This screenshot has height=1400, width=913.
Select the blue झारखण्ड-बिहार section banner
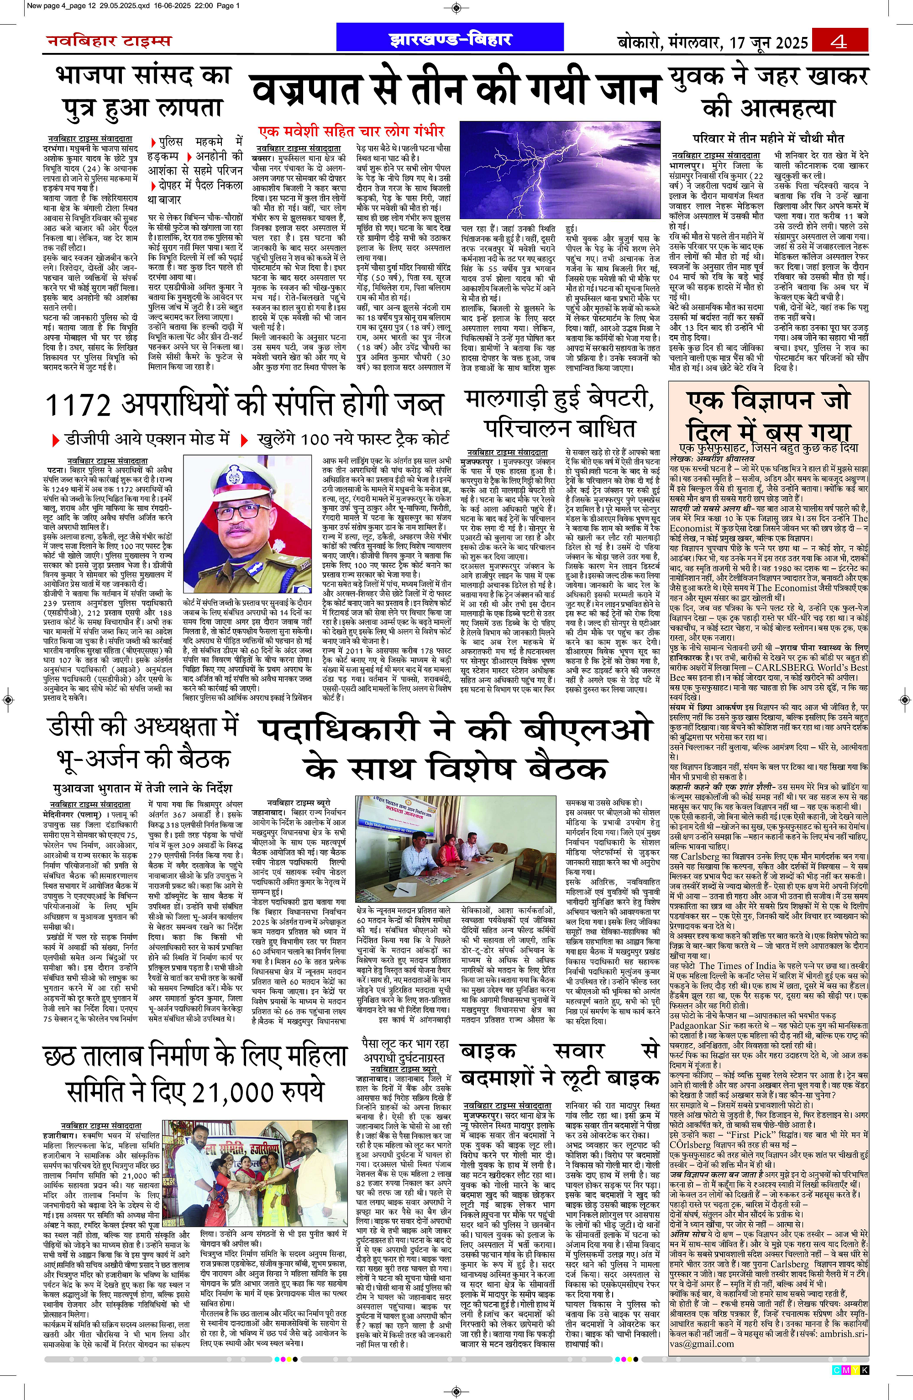tap(451, 39)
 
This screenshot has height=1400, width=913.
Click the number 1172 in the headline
tap(78, 405)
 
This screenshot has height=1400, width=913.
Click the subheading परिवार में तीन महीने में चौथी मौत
tap(768, 138)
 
